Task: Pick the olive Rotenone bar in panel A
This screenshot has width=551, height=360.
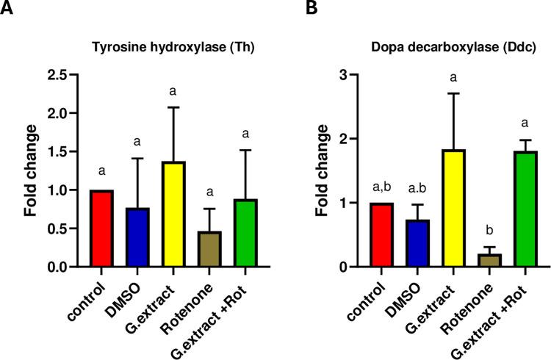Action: (209, 249)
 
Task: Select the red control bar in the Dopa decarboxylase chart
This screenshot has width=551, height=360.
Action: (381, 235)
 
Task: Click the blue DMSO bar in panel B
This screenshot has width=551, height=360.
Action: (417, 243)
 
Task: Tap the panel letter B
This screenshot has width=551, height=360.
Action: (292, 10)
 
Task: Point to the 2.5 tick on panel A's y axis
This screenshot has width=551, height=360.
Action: (63, 75)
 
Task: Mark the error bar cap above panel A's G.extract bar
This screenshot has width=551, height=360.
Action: (173, 107)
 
